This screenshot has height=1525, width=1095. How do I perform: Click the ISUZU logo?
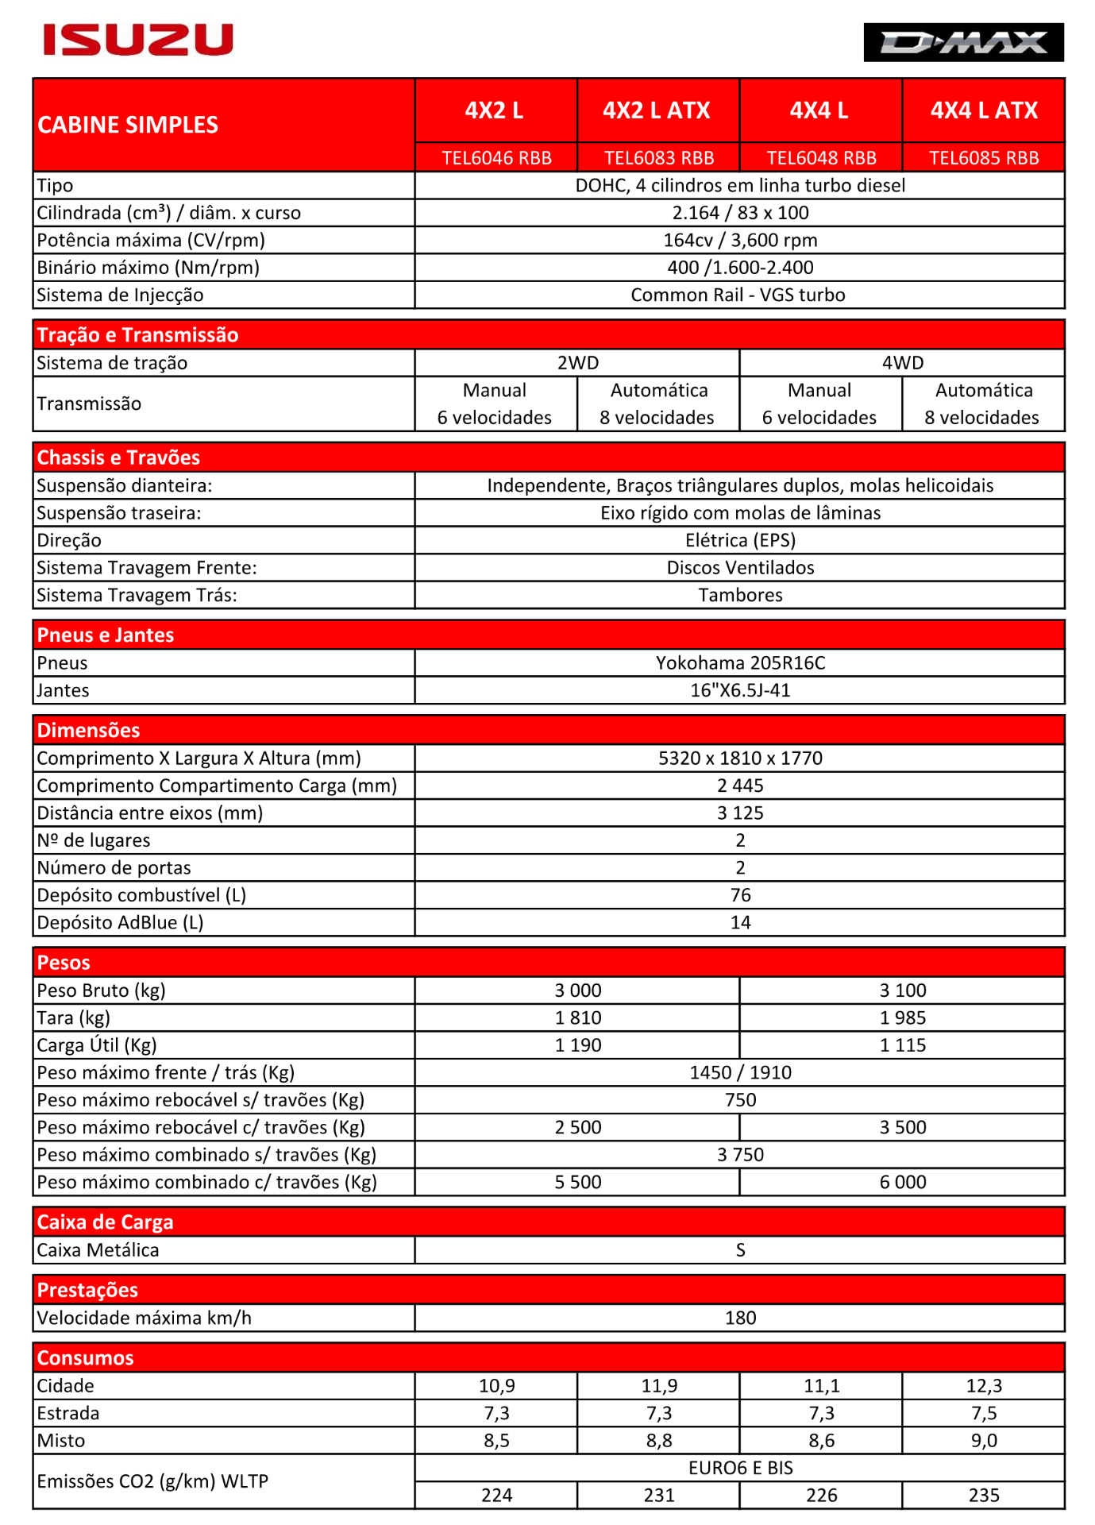138,40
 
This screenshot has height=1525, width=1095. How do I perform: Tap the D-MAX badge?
963,42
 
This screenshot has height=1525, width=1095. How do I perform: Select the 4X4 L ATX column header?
983,110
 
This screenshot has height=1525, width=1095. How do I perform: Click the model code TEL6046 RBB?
496,158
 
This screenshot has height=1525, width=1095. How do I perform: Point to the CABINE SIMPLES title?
128,125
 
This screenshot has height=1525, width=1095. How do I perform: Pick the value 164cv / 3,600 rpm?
740,240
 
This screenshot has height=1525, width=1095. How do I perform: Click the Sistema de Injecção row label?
120,295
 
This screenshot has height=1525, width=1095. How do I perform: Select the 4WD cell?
902,363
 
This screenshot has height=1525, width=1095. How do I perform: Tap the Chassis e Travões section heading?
118,457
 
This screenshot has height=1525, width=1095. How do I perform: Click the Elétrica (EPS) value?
740,540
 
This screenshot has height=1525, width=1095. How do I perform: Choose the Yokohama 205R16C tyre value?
740,662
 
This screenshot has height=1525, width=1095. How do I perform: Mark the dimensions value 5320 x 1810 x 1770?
740,758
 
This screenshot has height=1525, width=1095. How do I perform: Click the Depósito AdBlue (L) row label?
120,922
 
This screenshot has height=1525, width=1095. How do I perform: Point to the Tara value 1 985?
902,1017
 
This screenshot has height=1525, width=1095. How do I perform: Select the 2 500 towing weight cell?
577,1127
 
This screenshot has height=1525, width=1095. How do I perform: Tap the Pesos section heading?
64,963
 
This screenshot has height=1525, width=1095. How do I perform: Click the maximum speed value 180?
740,1318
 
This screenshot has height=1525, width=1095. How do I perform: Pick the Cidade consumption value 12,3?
983,1385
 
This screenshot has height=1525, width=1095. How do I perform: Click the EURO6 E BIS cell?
740,1468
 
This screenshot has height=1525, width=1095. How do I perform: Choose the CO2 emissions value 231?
658,1495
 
